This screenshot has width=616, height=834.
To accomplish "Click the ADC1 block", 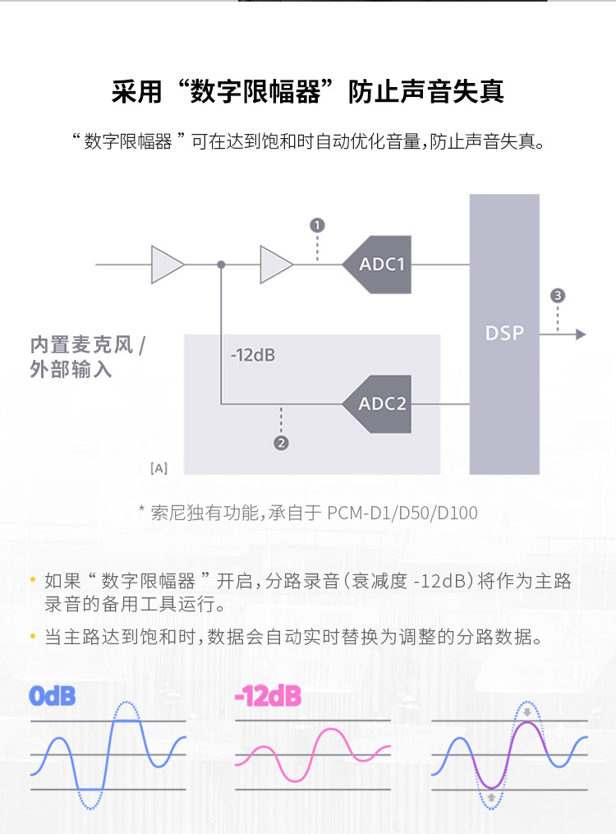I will pos(379,265).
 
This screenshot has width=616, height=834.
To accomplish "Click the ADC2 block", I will pos(379,403).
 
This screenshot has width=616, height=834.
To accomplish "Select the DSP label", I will pos(503,334).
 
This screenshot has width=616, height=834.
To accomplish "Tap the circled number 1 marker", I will pos(317,225).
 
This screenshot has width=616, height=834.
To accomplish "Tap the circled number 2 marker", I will pos(281,444).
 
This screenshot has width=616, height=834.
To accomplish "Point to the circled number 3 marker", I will pos(559,296).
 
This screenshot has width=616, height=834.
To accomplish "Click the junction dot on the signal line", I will pos(221,265).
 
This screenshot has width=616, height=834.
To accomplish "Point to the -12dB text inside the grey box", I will pos(252,356).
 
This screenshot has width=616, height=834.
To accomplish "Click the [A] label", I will pos(159,468).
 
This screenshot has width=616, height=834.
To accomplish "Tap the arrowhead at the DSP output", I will pos(581,334).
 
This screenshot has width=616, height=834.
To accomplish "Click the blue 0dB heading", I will pos(53,697).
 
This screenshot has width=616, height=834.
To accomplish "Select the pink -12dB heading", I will pos(268,697).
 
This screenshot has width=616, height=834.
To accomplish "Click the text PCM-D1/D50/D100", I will pos(402,513).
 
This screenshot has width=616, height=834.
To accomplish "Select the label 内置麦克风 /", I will pos(87,344).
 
